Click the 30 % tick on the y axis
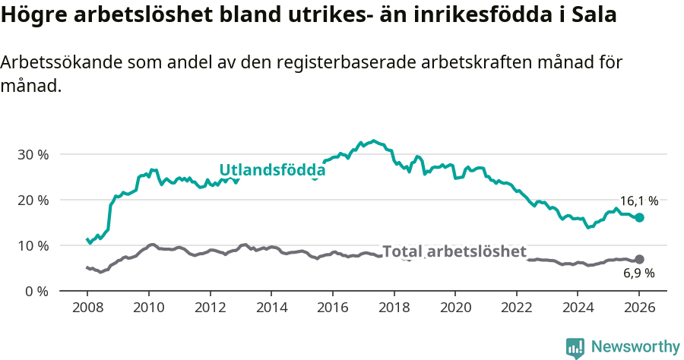coord(32,154)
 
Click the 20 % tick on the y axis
coord(32,200)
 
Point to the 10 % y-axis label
coord(32,245)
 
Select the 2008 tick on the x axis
coord(87,309)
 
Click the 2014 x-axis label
coord(271,309)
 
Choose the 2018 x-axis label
coord(393,309)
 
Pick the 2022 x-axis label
coord(516,309)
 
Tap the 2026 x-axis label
coord(638,309)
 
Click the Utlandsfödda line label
coord(272,170)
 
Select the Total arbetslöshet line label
coord(454,251)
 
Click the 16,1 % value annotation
coord(638,201)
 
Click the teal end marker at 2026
coord(639,217)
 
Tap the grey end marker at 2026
coord(639,259)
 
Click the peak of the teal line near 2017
coord(372,141)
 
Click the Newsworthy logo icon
coord(575,347)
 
